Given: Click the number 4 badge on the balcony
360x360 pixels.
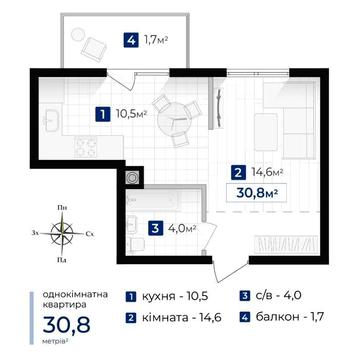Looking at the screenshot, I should [131, 42].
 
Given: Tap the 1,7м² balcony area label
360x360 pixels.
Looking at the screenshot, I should [156, 42].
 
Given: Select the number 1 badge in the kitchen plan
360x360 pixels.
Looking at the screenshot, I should [102, 114].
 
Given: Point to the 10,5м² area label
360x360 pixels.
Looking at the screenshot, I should [131, 114].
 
